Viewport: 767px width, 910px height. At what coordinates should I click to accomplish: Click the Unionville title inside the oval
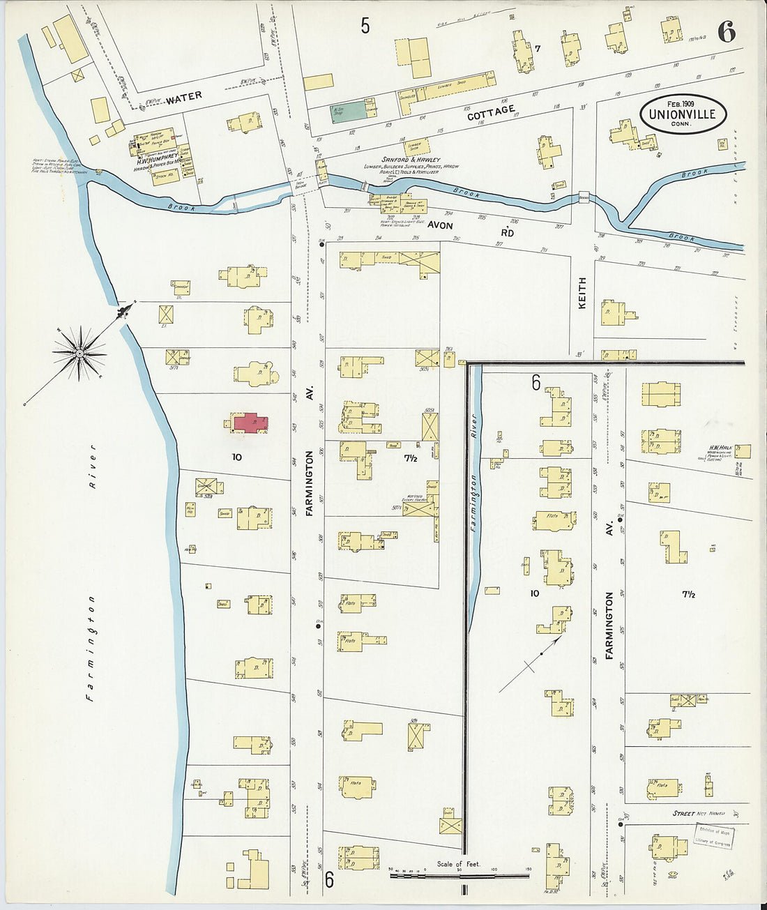pos(682,114)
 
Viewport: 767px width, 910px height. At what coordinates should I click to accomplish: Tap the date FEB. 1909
pos(682,102)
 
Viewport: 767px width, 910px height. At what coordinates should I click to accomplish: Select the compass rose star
pos(79,354)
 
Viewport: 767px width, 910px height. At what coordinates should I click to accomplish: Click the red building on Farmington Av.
pos(250,423)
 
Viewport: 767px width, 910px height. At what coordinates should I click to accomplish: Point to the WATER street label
pos(183,96)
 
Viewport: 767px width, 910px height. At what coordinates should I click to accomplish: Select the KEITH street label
pos(582,293)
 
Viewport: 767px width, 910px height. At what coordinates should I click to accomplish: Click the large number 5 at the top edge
pos(365,26)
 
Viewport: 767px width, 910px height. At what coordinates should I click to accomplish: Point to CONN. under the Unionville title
pos(681,124)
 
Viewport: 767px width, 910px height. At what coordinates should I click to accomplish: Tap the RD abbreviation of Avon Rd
pos(507,233)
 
